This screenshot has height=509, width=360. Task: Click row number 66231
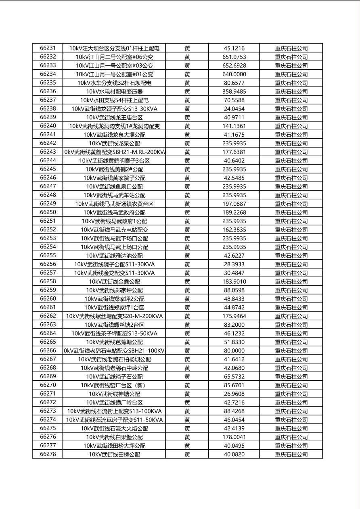[x=48, y=48]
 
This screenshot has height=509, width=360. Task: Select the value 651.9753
[x=234, y=57]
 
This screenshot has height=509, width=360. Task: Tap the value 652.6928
[x=234, y=65]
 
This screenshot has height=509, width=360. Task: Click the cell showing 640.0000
[x=234, y=74]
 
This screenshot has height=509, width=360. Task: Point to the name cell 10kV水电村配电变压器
[x=114, y=92]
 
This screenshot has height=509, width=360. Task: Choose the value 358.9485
[x=234, y=92]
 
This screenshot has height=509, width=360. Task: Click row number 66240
[x=48, y=126]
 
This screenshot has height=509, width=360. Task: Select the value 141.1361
[x=234, y=126]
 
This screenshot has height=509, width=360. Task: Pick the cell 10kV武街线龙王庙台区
[x=114, y=117]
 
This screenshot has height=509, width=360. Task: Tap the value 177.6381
[x=234, y=152]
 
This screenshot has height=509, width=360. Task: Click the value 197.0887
[x=234, y=204]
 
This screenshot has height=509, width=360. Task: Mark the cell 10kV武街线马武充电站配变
[x=114, y=230]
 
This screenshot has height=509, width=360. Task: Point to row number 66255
[x=48, y=256]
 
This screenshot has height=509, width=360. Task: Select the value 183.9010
[x=234, y=282]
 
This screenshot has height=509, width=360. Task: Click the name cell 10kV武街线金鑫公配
[x=114, y=282]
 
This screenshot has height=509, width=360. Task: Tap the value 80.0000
[x=234, y=350]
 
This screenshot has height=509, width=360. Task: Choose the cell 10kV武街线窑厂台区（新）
[x=114, y=385]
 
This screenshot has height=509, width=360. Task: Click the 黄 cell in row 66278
[x=187, y=454]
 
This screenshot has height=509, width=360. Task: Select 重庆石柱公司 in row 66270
[x=291, y=385]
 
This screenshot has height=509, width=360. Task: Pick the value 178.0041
[x=234, y=437]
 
